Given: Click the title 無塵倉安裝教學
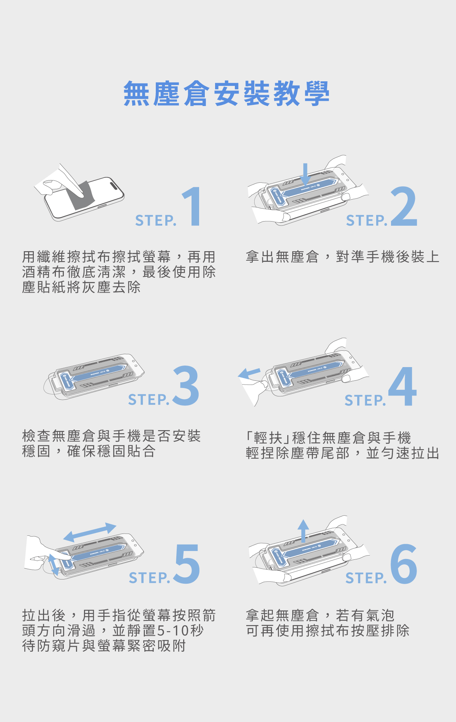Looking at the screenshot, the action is [x=226, y=93].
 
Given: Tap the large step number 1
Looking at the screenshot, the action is [x=193, y=206].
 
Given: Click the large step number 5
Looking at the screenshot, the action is [x=187, y=564].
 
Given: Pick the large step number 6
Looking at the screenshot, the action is [x=404, y=564].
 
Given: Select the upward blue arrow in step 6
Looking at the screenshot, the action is [x=303, y=530].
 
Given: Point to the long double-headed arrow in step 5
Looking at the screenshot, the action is [x=90, y=532].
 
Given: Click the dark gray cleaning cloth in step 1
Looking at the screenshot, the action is [x=81, y=195].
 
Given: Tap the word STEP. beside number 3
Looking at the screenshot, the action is [x=149, y=400].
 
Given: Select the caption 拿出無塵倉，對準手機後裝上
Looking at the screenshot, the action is [x=342, y=257].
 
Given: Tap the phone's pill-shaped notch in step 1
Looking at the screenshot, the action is [x=114, y=185].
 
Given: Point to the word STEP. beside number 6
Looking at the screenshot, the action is [x=366, y=578].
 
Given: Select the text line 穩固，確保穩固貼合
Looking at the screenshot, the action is [x=89, y=451].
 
